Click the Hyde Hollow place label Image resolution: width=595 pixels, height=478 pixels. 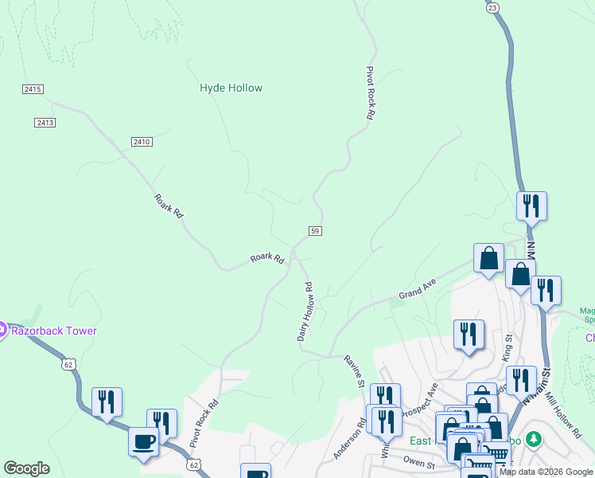point(231,88)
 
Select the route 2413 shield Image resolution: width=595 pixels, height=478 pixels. point(45,122)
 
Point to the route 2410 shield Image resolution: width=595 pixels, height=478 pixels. point(142,141)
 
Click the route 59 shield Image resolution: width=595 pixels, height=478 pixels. point(315,230)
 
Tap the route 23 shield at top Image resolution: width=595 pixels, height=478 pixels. point(493,6)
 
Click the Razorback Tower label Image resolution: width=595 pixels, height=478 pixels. point(52,331)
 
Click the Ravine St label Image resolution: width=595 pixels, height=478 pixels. point(354,372)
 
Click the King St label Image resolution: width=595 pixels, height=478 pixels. point(507,348)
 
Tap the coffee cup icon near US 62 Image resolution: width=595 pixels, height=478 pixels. point(144,441)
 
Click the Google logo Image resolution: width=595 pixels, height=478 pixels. point(27,468)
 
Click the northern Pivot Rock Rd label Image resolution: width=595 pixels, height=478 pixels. point(370,93)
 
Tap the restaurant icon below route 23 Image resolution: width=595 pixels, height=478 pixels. point(531,206)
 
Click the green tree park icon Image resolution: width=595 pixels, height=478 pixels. point(535,439)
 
